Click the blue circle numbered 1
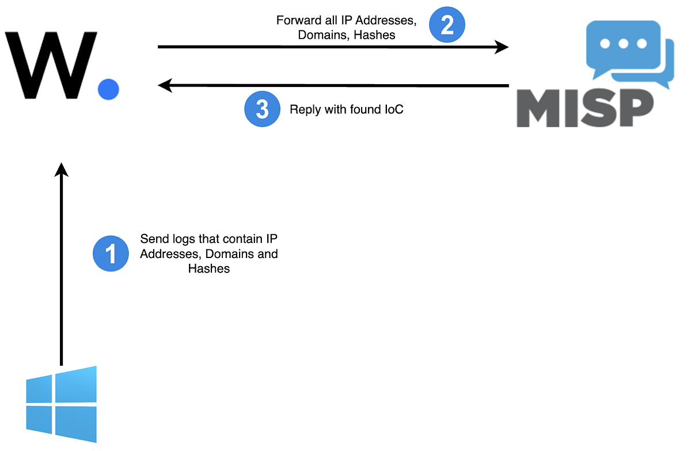[111, 254]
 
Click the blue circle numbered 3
[262, 109]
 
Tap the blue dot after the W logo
[108, 89]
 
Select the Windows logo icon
[61, 404]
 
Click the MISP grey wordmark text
[584, 109]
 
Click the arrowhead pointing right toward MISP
[502, 47]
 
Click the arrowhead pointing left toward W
[165, 86]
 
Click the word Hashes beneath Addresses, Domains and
[209, 269]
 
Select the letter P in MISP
[633, 109]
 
